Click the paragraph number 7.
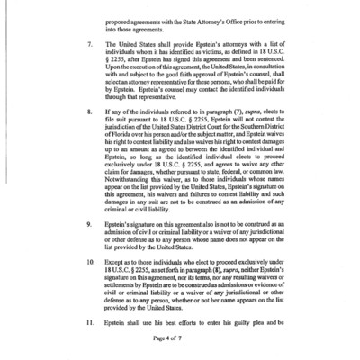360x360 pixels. coord(86,67)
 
